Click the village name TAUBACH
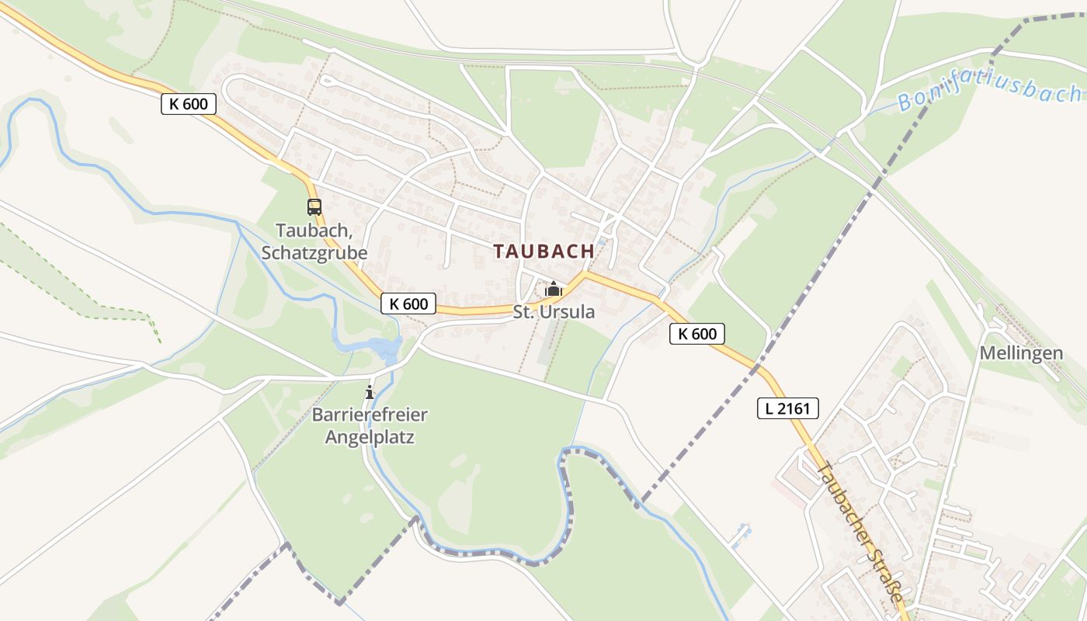[543, 252]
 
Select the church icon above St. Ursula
[554, 290]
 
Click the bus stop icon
[314, 207]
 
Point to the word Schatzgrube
[314, 253]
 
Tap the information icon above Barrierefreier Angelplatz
[370, 392]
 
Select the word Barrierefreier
[370, 415]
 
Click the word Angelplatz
[370, 437]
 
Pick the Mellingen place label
[1021, 353]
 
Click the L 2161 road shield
[788, 408]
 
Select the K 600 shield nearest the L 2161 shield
[696, 334]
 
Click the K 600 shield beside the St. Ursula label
[408, 304]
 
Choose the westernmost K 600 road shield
[189, 104]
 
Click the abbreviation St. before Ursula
[523, 312]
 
